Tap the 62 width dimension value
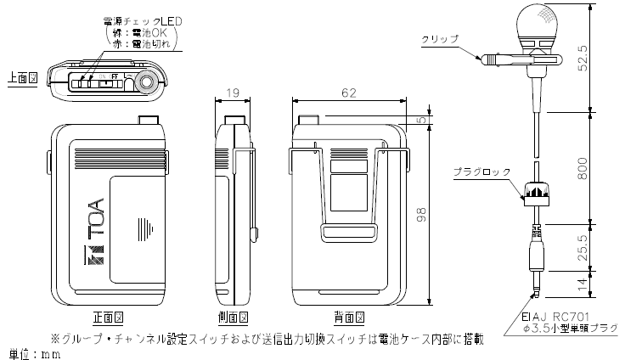[x=350, y=93]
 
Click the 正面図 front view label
[x=107, y=318]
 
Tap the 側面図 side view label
[x=232, y=318]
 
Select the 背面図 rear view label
[x=350, y=318]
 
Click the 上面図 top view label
[x=20, y=76]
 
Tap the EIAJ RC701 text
[x=553, y=315]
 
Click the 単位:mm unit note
[x=31, y=352]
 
